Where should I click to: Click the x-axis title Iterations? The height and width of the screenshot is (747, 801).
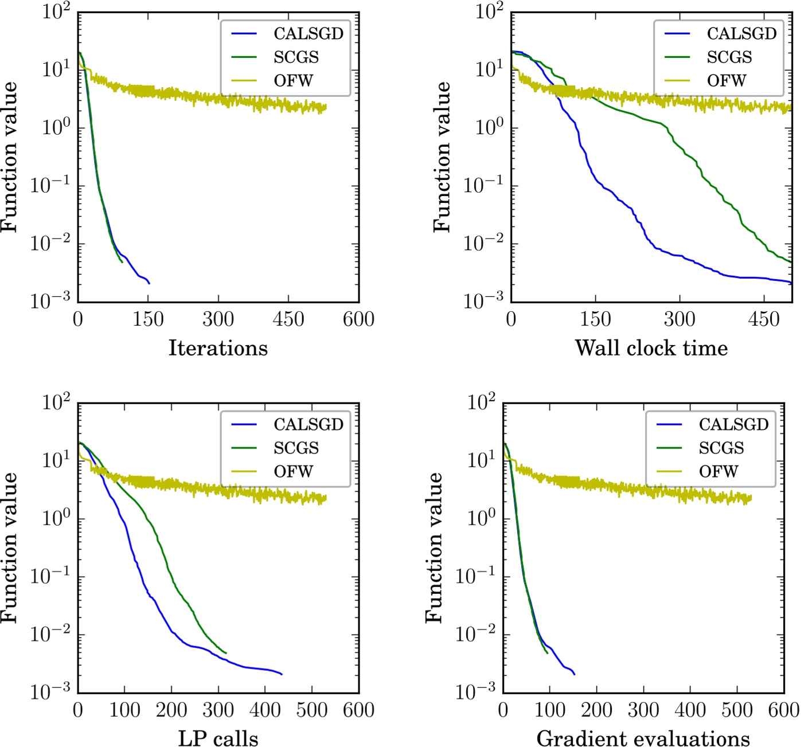pyautogui.click(x=218, y=348)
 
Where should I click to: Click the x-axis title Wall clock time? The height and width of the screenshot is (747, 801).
pyautogui.click(x=651, y=348)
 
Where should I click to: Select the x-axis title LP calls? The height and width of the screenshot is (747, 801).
pyautogui.click(x=218, y=738)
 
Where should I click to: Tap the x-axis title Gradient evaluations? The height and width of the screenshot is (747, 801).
pyautogui.click(x=643, y=738)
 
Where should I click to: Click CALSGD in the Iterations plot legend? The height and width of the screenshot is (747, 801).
pyautogui.click(x=308, y=34)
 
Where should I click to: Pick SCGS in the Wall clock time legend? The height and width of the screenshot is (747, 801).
pyautogui.click(x=729, y=57)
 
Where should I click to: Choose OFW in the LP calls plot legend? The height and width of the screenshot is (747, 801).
pyautogui.click(x=293, y=472)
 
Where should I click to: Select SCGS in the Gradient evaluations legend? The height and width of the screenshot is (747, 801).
pyautogui.click(x=721, y=448)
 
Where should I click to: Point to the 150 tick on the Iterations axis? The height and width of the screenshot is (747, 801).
pyautogui.click(x=148, y=319)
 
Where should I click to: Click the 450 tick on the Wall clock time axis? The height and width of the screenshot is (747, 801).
pyautogui.click(x=764, y=319)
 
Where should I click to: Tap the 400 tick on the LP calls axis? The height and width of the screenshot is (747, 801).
pyautogui.click(x=265, y=710)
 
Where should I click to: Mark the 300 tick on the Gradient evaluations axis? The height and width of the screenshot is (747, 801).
pyautogui.click(x=643, y=710)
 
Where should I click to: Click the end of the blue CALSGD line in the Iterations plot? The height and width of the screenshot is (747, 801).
pyautogui.click(x=149, y=283)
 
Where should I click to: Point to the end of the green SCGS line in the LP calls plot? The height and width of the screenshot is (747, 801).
pyautogui.click(x=226, y=653)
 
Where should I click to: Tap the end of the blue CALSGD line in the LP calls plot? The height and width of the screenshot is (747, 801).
pyautogui.click(x=282, y=674)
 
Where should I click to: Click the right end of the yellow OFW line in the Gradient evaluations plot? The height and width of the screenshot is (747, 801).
pyautogui.click(x=751, y=498)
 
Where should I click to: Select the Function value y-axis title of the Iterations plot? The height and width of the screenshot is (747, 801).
pyautogui.click(x=10, y=157)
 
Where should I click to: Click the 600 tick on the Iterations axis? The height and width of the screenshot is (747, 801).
pyautogui.click(x=358, y=319)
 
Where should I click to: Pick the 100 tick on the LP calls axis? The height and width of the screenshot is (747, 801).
pyautogui.click(x=124, y=710)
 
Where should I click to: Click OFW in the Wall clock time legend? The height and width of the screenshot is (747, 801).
pyautogui.click(x=726, y=81)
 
